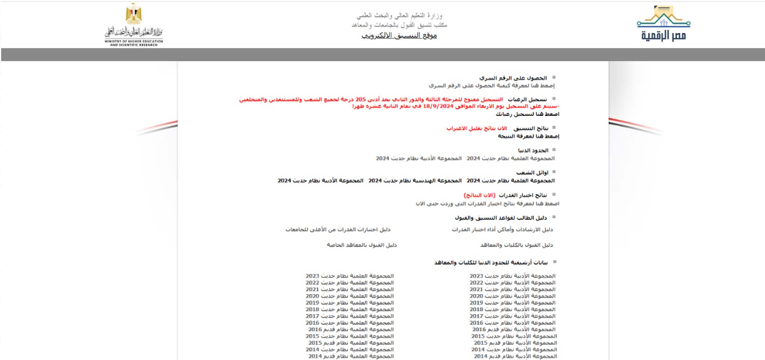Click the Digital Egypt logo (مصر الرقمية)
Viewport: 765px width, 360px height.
[x=664, y=24]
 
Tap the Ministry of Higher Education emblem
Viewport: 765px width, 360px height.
[x=133, y=25]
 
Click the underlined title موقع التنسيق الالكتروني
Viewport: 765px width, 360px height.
[x=399, y=36]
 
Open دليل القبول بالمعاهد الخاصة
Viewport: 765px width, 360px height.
[x=362, y=244]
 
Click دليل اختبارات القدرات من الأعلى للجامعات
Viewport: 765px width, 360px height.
[x=338, y=229]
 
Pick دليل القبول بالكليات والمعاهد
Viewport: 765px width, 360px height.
[x=516, y=244]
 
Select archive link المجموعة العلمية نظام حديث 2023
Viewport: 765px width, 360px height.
[x=350, y=275]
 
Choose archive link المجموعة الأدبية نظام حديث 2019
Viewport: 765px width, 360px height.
[x=512, y=302]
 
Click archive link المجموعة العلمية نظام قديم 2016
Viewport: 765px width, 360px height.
[x=351, y=329]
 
